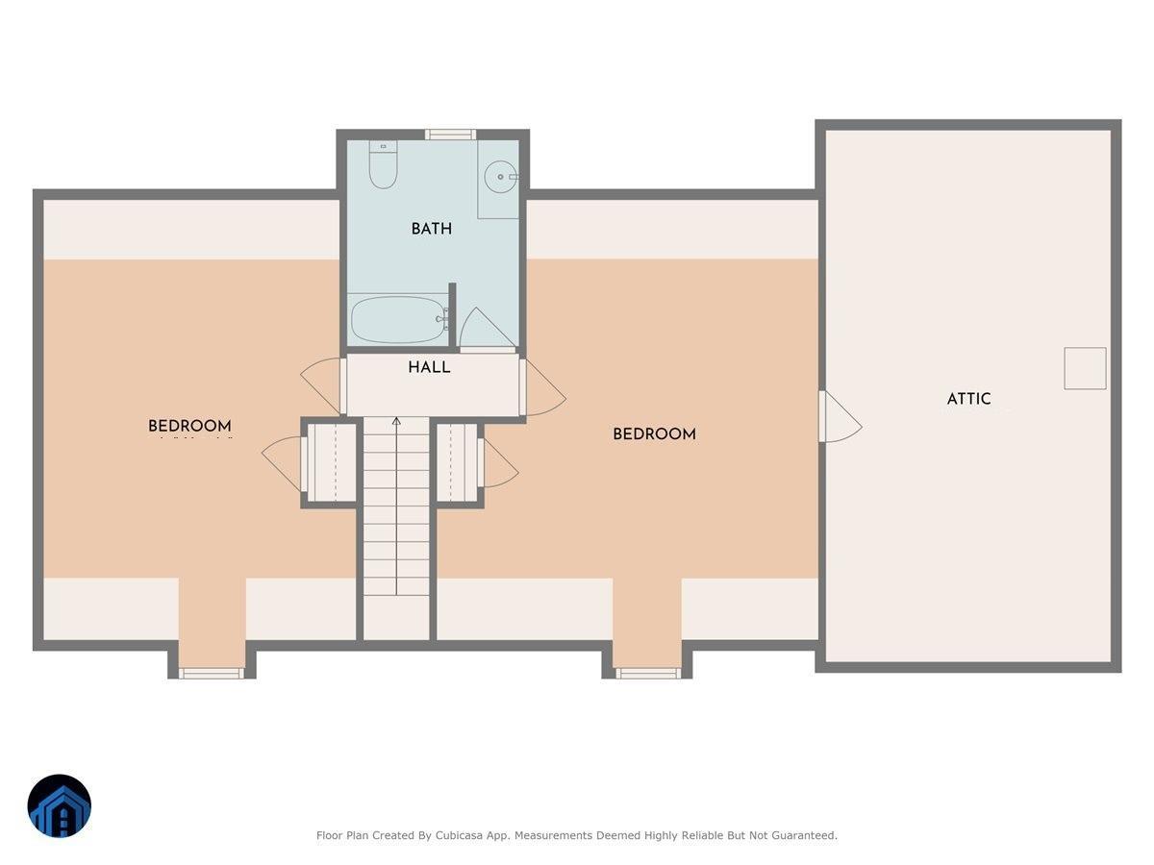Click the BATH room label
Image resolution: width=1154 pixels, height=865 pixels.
pos(431,229)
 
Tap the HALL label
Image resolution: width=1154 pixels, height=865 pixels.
pos(429,367)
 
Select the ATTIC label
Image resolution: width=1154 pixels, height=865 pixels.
pos(968,399)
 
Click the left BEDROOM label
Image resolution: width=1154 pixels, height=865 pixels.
pos(189,427)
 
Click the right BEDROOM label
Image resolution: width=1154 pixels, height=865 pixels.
pos(654,434)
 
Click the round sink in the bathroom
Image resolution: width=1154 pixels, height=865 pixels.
pos(500,177)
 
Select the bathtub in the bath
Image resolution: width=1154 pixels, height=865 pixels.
pos(397,319)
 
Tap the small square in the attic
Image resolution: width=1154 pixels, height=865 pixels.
pos(1085,368)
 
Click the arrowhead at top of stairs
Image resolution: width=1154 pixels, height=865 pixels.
pos(396,421)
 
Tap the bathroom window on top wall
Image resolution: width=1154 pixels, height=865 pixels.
pos(450,135)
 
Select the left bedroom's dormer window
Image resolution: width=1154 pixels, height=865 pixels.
pos(212,673)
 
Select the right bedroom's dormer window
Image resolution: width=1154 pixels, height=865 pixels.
pos(647,673)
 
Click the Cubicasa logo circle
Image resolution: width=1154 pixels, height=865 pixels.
pos(60,805)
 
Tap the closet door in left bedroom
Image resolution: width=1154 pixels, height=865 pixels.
pos(284,461)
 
